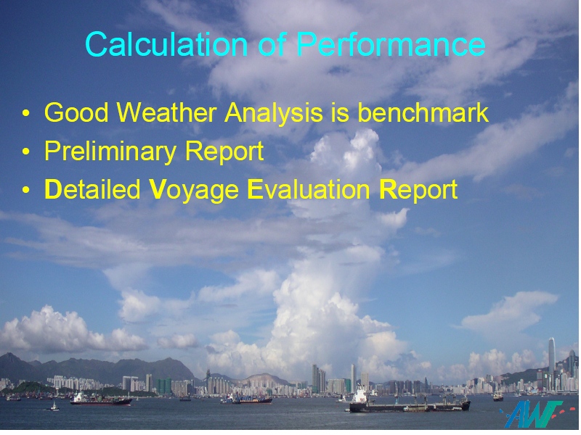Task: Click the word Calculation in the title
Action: [x=166, y=44]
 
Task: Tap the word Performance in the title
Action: [x=391, y=44]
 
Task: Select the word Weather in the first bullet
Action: [x=167, y=112]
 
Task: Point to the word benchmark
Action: [x=423, y=112]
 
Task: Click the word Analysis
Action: [x=274, y=113]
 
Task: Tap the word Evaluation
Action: [x=309, y=189]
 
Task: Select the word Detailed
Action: [x=92, y=189]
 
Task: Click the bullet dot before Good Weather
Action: [x=25, y=113]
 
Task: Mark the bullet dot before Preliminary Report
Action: [x=25, y=152]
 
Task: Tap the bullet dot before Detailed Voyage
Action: [x=25, y=190]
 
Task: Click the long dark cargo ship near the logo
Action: [x=410, y=405]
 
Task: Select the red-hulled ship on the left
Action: [x=101, y=400]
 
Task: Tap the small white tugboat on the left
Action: [x=55, y=407]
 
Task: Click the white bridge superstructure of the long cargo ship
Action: [x=359, y=395]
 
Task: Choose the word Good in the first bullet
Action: [x=77, y=112]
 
